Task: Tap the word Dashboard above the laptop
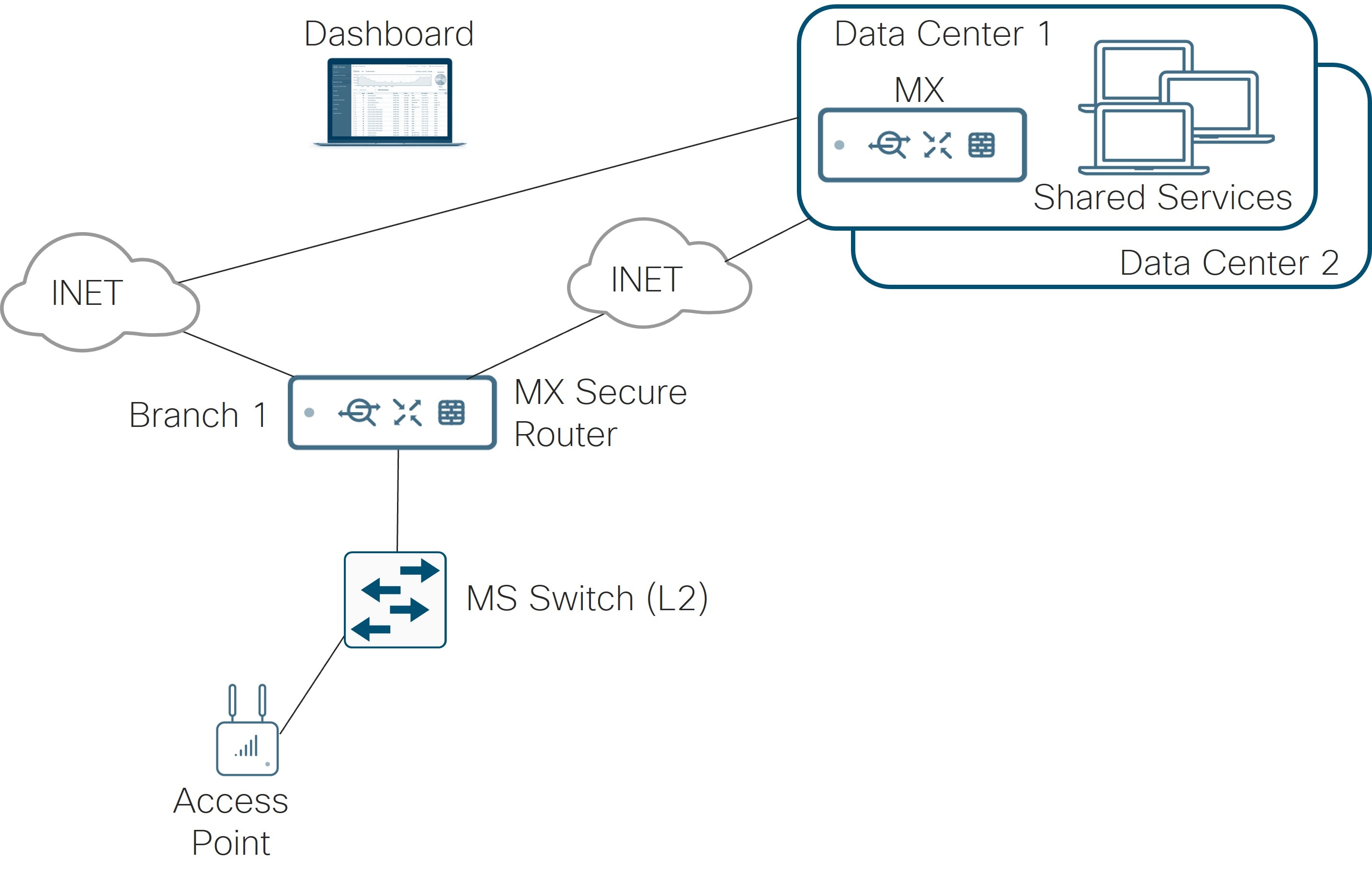[388, 34]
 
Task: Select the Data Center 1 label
[942, 34]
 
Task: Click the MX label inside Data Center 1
[919, 90]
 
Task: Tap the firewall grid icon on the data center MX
[981, 145]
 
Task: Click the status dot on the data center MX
[839, 145]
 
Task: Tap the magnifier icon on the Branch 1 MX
[359, 412]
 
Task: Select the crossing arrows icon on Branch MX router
[407, 412]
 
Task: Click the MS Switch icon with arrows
[395, 600]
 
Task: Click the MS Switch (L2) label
[587, 599]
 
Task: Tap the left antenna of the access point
[232, 701]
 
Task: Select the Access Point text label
[230, 821]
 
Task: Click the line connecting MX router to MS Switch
[397, 499]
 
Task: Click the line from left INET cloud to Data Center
[488, 201]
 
